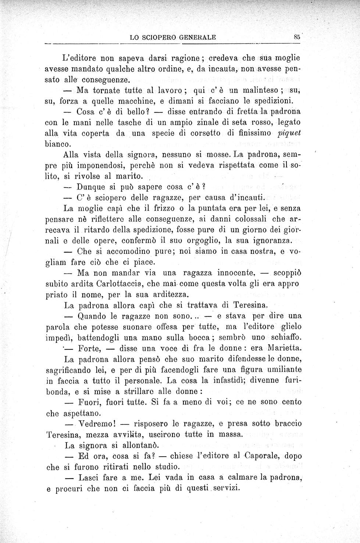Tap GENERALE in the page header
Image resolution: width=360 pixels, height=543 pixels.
pos(197,37)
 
